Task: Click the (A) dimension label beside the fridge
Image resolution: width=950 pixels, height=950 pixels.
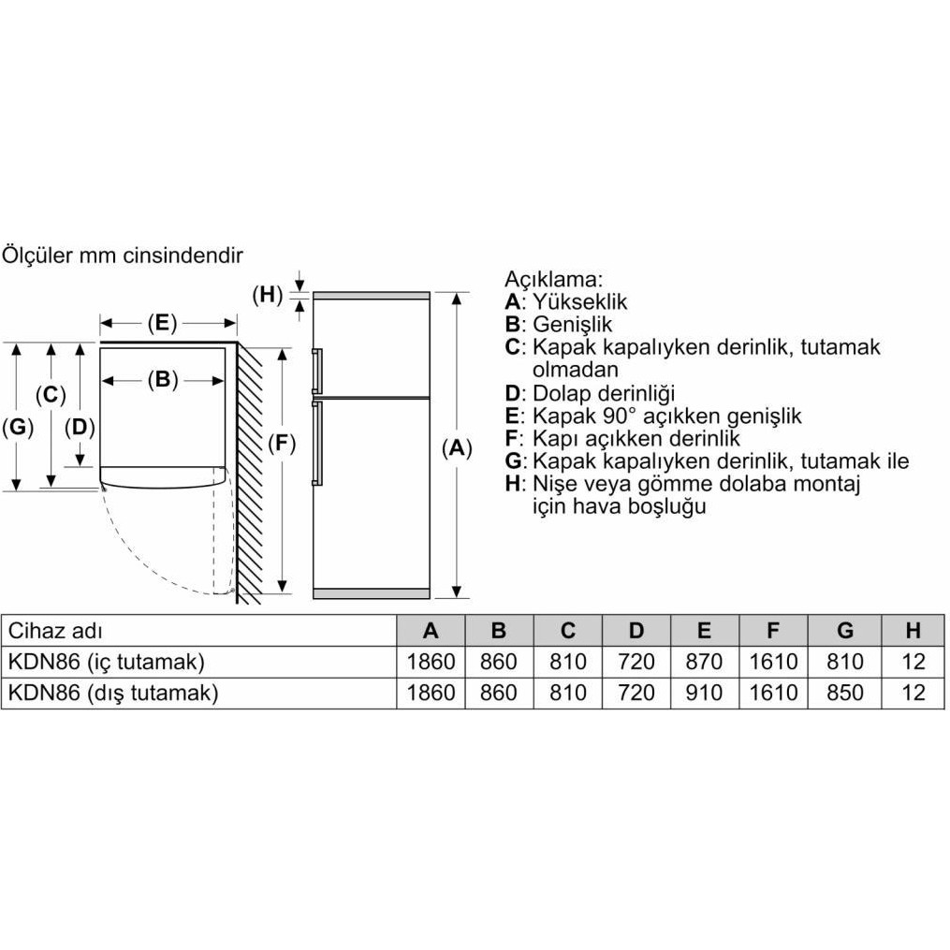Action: (x=456, y=448)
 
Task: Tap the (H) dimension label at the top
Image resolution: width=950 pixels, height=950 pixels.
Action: (x=267, y=294)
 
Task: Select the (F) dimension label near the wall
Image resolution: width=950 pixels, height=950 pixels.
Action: (x=281, y=446)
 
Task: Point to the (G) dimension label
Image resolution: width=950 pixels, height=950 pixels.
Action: (x=17, y=428)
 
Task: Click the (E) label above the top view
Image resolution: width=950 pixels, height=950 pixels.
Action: (x=161, y=324)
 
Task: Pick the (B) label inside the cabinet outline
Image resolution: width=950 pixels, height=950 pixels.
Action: (x=162, y=380)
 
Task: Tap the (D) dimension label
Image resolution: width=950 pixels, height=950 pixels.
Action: (x=80, y=428)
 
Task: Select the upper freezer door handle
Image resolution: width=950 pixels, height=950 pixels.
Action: (x=318, y=369)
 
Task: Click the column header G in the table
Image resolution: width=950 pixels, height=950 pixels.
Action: (x=845, y=630)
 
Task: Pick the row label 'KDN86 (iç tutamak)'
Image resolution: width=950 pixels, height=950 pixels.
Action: (x=106, y=662)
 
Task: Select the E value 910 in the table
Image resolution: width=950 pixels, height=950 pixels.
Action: (x=704, y=693)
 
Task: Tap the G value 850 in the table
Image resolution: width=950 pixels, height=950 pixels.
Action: (x=845, y=693)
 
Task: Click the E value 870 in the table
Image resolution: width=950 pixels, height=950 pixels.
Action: (x=704, y=662)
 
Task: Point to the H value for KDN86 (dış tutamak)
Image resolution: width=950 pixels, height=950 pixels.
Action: (x=913, y=693)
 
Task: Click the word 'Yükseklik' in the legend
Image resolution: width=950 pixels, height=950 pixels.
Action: (x=580, y=301)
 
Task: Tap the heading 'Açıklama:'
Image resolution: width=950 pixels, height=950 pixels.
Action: (x=554, y=279)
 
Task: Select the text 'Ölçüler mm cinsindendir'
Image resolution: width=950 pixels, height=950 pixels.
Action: (x=123, y=255)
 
